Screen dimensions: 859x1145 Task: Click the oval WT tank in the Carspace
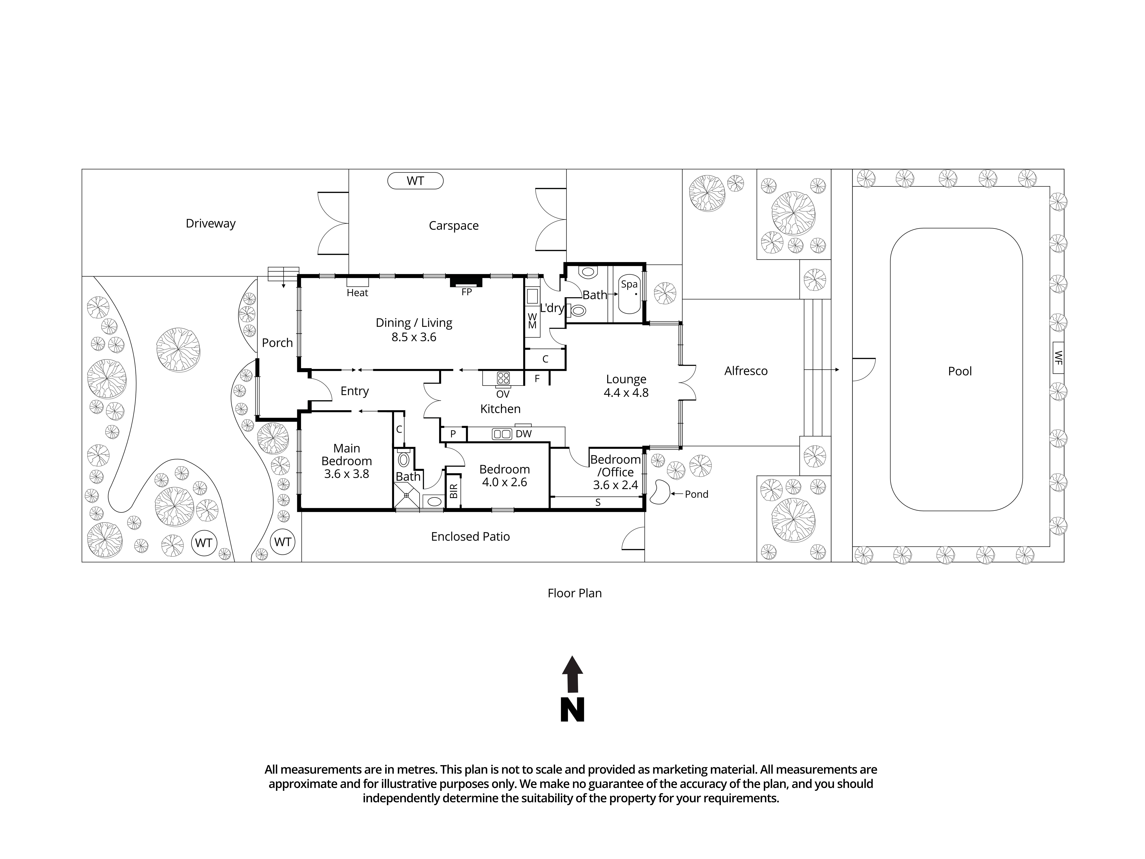click(415, 181)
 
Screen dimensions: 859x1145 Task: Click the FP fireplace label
click(466, 292)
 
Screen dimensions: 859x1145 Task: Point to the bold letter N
click(572, 710)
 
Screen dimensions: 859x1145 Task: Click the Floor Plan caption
click(575, 593)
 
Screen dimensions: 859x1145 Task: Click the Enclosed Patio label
click(470, 536)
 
